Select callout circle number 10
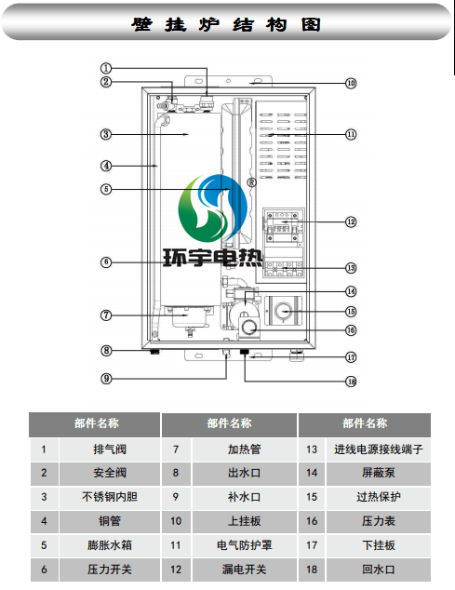tap(350, 83)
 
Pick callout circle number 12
tap(350, 222)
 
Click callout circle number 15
tap(350, 312)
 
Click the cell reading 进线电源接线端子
tap(378, 449)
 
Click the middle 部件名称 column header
tap(229, 423)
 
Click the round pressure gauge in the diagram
tap(250, 328)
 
